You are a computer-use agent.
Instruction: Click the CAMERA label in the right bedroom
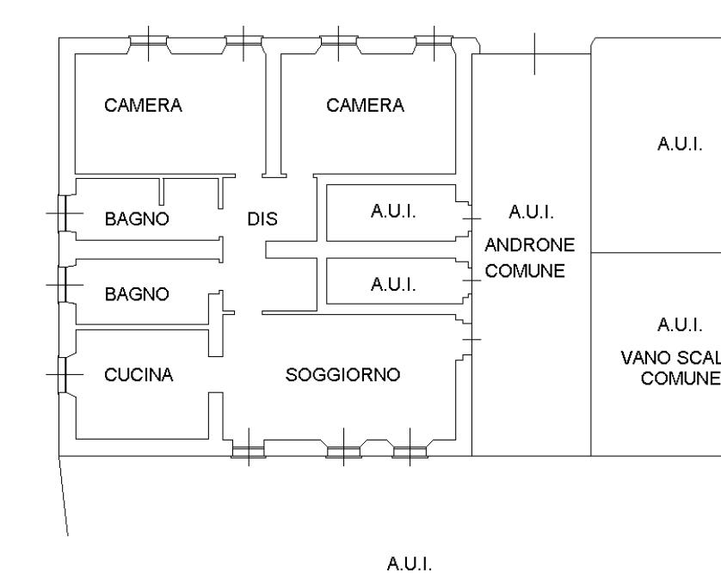pyautogui.click(x=366, y=106)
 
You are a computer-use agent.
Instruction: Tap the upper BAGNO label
pyautogui.click(x=137, y=219)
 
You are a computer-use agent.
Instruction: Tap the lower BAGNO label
pyautogui.click(x=137, y=294)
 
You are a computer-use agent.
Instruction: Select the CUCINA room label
pyautogui.click(x=139, y=374)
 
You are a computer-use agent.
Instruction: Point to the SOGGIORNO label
pyautogui.click(x=343, y=375)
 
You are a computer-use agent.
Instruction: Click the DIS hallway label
pyautogui.click(x=262, y=219)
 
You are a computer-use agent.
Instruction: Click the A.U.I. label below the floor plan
pyautogui.click(x=409, y=564)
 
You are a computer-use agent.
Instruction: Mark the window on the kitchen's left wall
pyautogui.click(x=62, y=374)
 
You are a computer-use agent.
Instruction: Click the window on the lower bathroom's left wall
pyautogui.click(x=62, y=284)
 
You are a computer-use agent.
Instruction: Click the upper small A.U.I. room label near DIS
pyautogui.click(x=393, y=212)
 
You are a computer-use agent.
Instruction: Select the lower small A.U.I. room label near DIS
pyautogui.click(x=393, y=284)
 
